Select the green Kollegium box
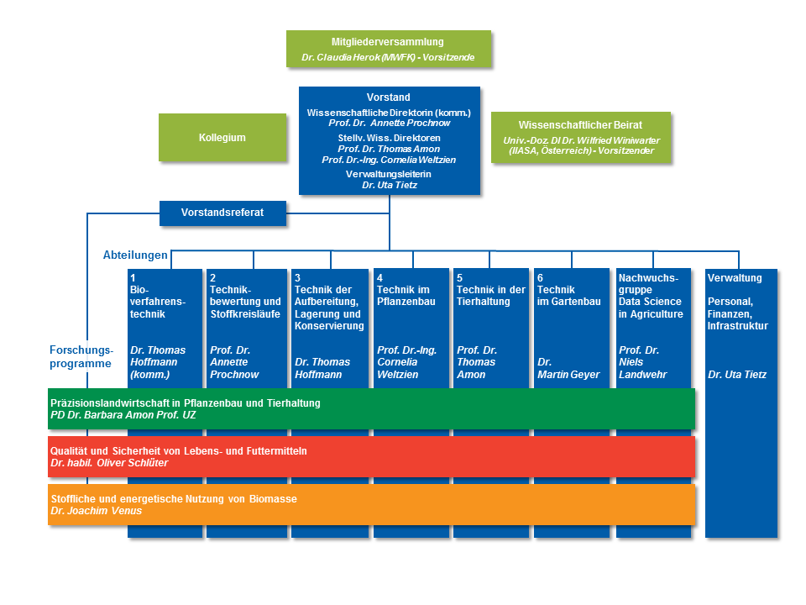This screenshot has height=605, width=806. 222,137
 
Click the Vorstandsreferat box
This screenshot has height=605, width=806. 222,213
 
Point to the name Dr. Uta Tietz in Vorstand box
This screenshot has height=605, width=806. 389,185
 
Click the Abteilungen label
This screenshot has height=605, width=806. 135,254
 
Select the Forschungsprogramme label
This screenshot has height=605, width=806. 81,357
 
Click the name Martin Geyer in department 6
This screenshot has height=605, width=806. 570,374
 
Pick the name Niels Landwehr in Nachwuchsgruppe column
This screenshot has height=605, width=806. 642,368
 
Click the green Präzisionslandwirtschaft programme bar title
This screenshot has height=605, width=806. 186,403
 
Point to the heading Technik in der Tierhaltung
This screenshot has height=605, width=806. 490,296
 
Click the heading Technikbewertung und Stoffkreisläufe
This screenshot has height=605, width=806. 245,302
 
